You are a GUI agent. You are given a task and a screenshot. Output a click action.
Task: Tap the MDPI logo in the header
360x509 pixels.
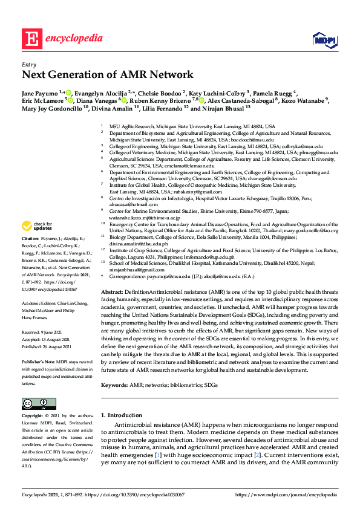pos(324,39)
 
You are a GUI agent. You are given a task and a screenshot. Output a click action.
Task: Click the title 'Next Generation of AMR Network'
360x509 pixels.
pos(108,75)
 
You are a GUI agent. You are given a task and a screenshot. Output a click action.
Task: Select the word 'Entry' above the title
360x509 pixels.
pos(29,63)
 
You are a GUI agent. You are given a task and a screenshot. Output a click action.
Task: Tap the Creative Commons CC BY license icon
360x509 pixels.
pos(35,404)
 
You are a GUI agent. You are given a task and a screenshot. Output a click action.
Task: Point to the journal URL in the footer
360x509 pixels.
pos(286,494)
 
